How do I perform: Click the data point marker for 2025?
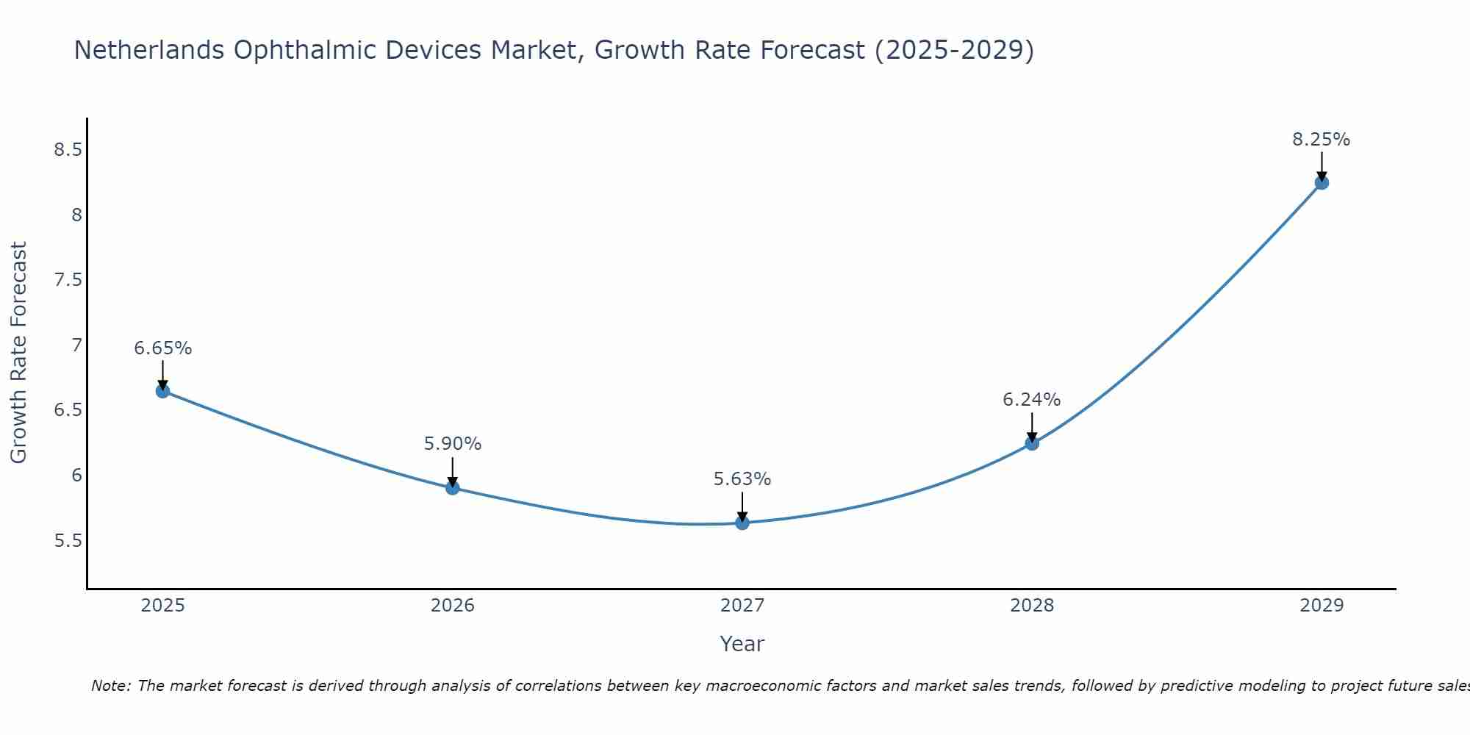pos(163,391)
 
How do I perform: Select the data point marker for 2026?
pos(453,488)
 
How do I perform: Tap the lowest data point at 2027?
pos(742,523)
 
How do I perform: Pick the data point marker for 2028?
pos(1032,443)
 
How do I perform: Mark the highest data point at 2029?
pos(1322,182)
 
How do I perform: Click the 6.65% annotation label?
pos(163,348)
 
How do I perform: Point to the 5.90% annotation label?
pos(453,444)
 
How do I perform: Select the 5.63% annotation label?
pos(742,479)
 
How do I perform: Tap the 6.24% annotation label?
pos(1032,400)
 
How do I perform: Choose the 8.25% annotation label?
pos(1322,140)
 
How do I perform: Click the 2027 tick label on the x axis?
pos(742,606)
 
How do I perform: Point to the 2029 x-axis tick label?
pos(1322,606)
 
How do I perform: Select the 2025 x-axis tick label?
pos(163,606)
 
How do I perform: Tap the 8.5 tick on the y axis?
pos(68,150)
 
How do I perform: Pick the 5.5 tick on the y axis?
pos(68,541)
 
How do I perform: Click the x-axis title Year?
pos(742,644)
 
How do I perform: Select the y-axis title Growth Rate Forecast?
pos(18,353)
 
